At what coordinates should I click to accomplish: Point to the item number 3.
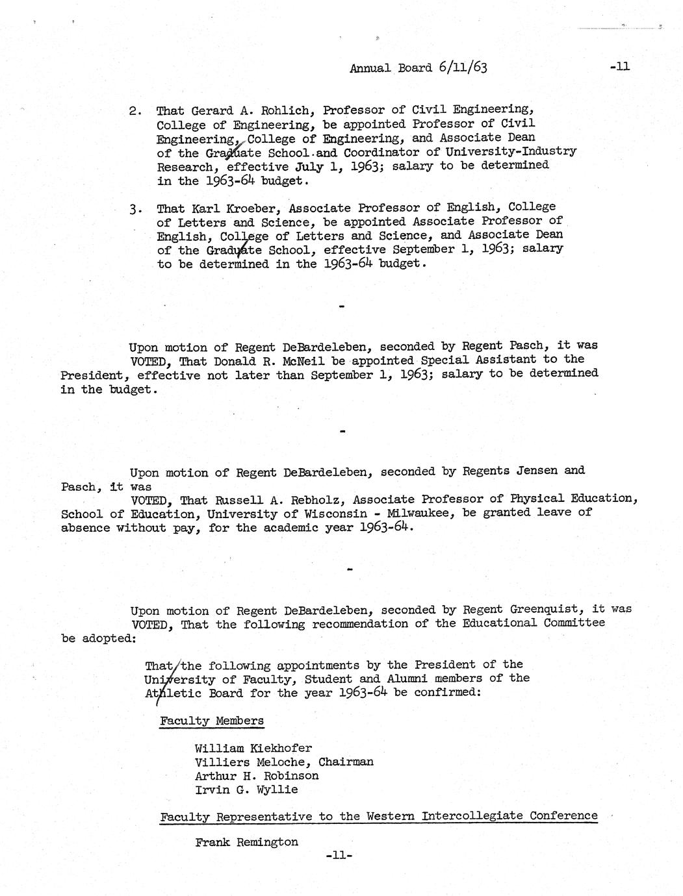pos(135,210)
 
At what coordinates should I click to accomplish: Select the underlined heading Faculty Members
pos(212,721)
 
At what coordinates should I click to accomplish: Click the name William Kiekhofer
pos(253,748)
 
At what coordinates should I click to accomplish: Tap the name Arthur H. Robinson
pos(257,776)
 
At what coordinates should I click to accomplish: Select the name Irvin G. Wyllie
pos(246,790)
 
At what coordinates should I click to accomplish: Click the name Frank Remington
pos(246,843)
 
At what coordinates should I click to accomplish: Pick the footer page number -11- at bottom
pos(338,856)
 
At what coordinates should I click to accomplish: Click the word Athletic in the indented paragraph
pos(170,693)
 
